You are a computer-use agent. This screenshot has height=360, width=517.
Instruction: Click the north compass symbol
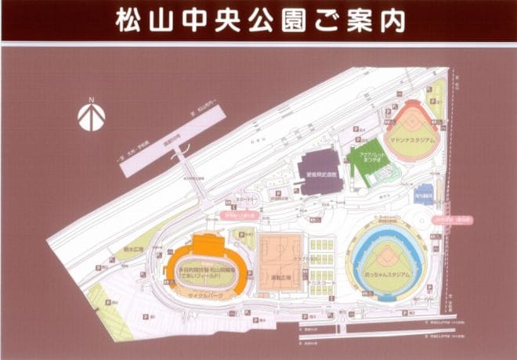(x=92, y=118)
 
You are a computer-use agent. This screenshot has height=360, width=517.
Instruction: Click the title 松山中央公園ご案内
(x=259, y=20)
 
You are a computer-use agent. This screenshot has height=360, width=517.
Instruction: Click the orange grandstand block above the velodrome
(x=208, y=244)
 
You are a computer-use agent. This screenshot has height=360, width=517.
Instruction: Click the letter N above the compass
(x=92, y=99)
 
